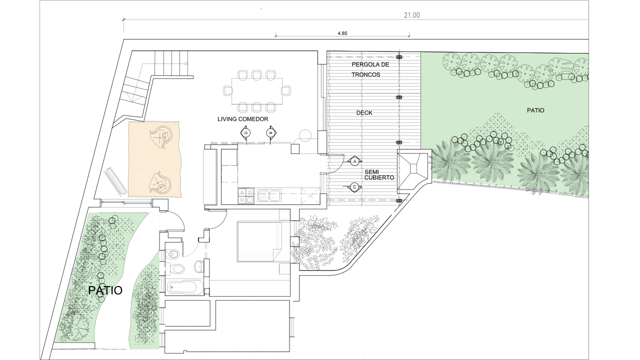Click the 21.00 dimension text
pyautogui.click(x=411, y=15)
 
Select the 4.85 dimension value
pyautogui.click(x=342, y=33)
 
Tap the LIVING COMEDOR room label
pyautogui.click(x=243, y=119)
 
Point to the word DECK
pyautogui.click(x=364, y=113)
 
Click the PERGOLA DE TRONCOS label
pyautogui.click(x=370, y=69)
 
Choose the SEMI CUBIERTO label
pyautogui.click(x=379, y=175)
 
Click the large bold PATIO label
pyautogui.click(x=105, y=290)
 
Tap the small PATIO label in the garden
pyautogui.click(x=535, y=110)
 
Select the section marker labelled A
pyautogui.click(x=354, y=161)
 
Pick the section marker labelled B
pyautogui.click(x=270, y=133)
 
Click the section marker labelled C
pyautogui.click(x=354, y=187)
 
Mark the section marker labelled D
pyautogui.click(x=245, y=132)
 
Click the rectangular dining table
pyautogui.click(x=256, y=91)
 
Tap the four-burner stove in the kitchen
pyautogui.click(x=246, y=195)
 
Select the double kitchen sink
pyautogui.click(x=269, y=195)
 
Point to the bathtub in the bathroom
pyautogui.click(x=185, y=287)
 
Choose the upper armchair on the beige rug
pyautogui.click(x=161, y=137)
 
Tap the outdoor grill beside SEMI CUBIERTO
pyautogui.click(x=412, y=172)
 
